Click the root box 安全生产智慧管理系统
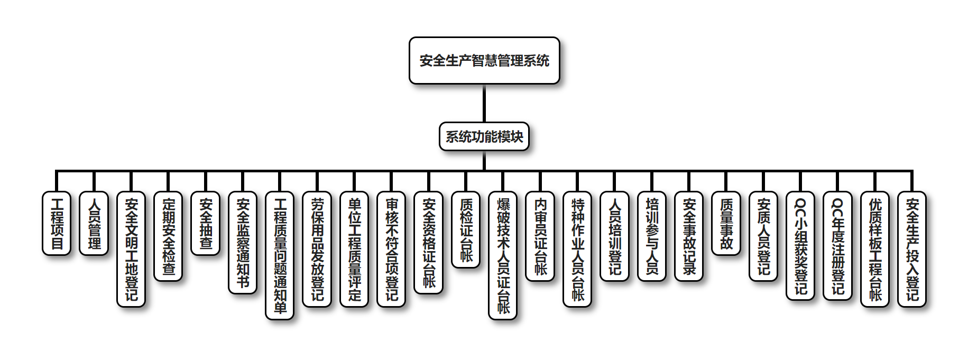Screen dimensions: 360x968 (x=484, y=60)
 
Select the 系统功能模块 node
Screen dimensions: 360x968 (x=484, y=136)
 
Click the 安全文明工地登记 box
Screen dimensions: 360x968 (x=131, y=249)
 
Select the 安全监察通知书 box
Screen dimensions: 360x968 (x=243, y=243)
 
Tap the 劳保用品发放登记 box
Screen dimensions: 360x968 (x=317, y=249)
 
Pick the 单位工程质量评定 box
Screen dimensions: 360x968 (x=354, y=249)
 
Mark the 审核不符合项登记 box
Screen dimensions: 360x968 (x=391, y=249)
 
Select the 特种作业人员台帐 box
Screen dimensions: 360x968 (x=577, y=249)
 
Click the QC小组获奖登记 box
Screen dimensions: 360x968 (x=800, y=246)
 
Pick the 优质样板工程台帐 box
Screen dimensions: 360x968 (x=875, y=249)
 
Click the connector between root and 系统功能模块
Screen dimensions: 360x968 (x=484, y=103)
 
